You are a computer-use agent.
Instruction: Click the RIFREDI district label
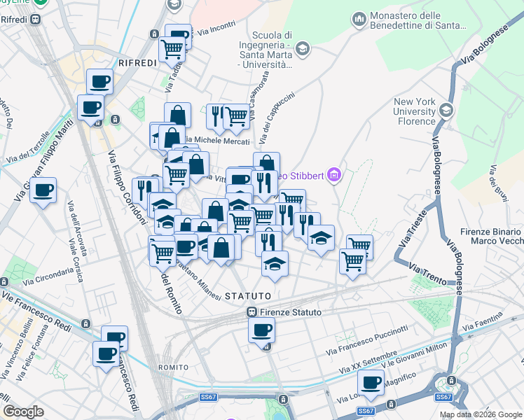(x=137, y=63)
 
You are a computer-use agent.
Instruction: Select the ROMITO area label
(x=173, y=367)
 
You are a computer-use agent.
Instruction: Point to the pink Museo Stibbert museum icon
(x=333, y=175)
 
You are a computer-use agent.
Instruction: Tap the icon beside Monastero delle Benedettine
(x=359, y=17)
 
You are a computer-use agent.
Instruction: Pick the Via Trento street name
(x=427, y=274)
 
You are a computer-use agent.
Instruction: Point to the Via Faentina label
(x=483, y=323)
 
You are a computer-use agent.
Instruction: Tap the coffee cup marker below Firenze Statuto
(x=261, y=330)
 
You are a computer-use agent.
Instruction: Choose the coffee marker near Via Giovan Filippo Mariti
(x=43, y=190)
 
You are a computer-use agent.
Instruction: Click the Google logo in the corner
(x=23, y=412)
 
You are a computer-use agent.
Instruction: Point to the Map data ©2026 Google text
(x=480, y=414)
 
